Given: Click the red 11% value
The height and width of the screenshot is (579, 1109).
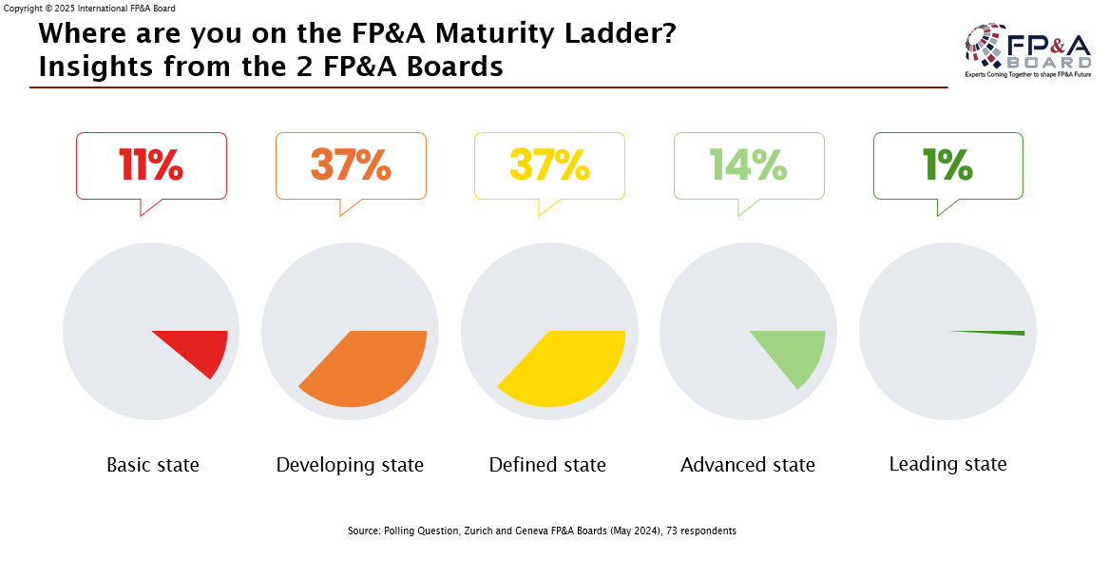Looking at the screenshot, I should pyautogui.click(x=151, y=165).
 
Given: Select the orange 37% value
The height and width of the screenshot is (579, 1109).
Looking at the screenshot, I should pyautogui.click(x=351, y=165).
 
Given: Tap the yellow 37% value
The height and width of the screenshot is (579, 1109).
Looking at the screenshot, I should pyautogui.click(x=549, y=165).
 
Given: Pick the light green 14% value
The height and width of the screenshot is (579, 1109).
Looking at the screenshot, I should pyautogui.click(x=749, y=165).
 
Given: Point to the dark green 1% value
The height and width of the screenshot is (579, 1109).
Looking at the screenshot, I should pyautogui.click(x=947, y=165).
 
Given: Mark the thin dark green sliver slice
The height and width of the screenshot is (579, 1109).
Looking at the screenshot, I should pyautogui.click(x=998, y=333).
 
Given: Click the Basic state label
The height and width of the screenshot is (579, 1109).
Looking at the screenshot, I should pyautogui.click(x=153, y=465).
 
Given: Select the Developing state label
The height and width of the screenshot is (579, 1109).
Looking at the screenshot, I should pyautogui.click(x=350, y=465).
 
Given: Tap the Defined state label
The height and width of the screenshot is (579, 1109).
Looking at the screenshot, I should pyautogui.click(x=547, y=465).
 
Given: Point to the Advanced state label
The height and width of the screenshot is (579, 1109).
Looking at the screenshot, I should pyautogui.click(x=748, y=465).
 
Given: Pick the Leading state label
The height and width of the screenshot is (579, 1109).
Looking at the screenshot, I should pyautogui.click(x=947, y=464).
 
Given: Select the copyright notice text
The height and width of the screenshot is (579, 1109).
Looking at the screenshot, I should pyautogui.click(x=90, y=8).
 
